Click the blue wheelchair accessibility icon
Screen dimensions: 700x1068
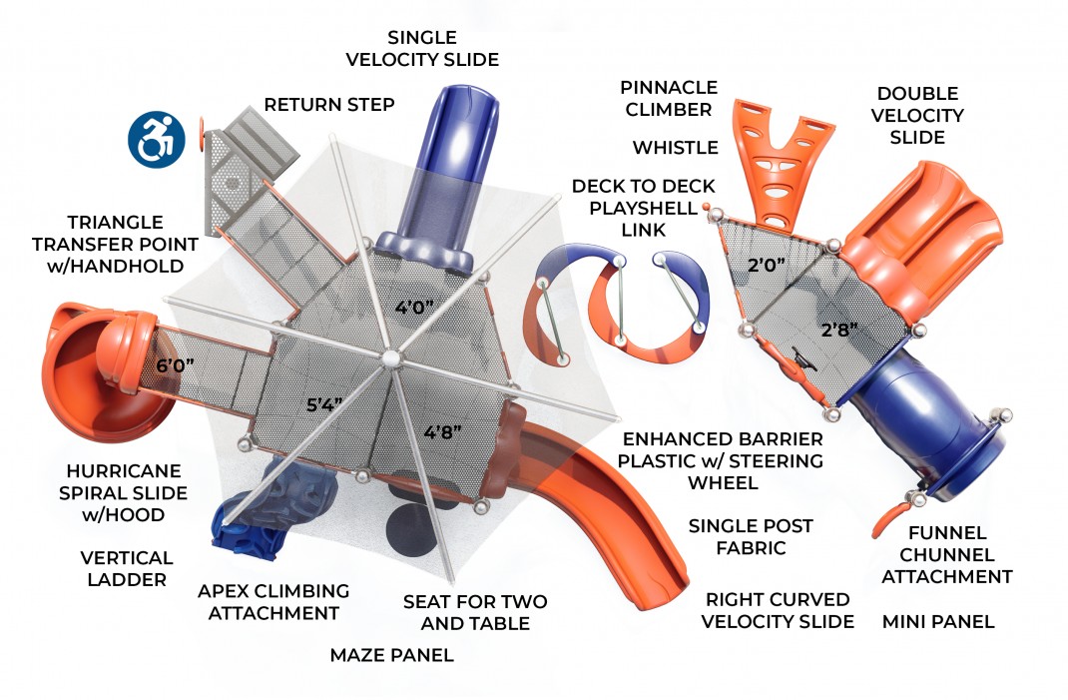click(x=158, y=140)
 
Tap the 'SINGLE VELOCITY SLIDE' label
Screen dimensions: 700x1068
click(x=422, y=49)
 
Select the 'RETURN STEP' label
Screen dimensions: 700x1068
click(x=329, y=105)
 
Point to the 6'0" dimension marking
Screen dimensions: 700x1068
click(x=176, y=366)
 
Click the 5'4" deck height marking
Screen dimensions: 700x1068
click(x=324, y=405)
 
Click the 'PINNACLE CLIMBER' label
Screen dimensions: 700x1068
click(x=666, y=98)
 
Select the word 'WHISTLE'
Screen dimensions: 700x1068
click(x=675, y=148)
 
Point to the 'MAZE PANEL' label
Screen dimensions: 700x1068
click(x=391, y=655)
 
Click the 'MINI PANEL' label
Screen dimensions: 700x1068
click(x=938, y=621)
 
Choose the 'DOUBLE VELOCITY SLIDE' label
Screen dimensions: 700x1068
click(x=917, y=115)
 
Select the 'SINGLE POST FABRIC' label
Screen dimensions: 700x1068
click(x=751, y=536)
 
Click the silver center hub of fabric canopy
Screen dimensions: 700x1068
click(x=390, y=356)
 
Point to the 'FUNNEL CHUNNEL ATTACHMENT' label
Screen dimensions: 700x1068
click(x=946, y=555)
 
